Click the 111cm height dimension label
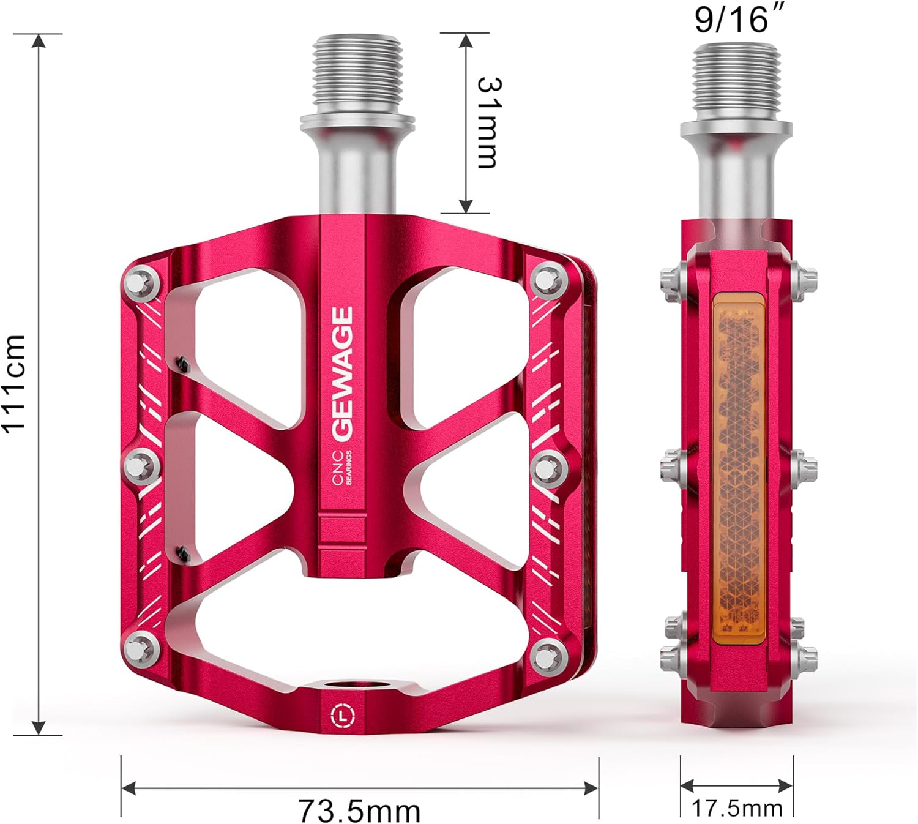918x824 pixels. pos(15,384)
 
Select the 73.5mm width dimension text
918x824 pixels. pos(359,811)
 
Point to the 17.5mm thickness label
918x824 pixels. pos(737,808)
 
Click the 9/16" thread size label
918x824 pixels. pos(731,20)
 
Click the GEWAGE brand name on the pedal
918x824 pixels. pos(343,373)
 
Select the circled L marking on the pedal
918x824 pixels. pos(343,714)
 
